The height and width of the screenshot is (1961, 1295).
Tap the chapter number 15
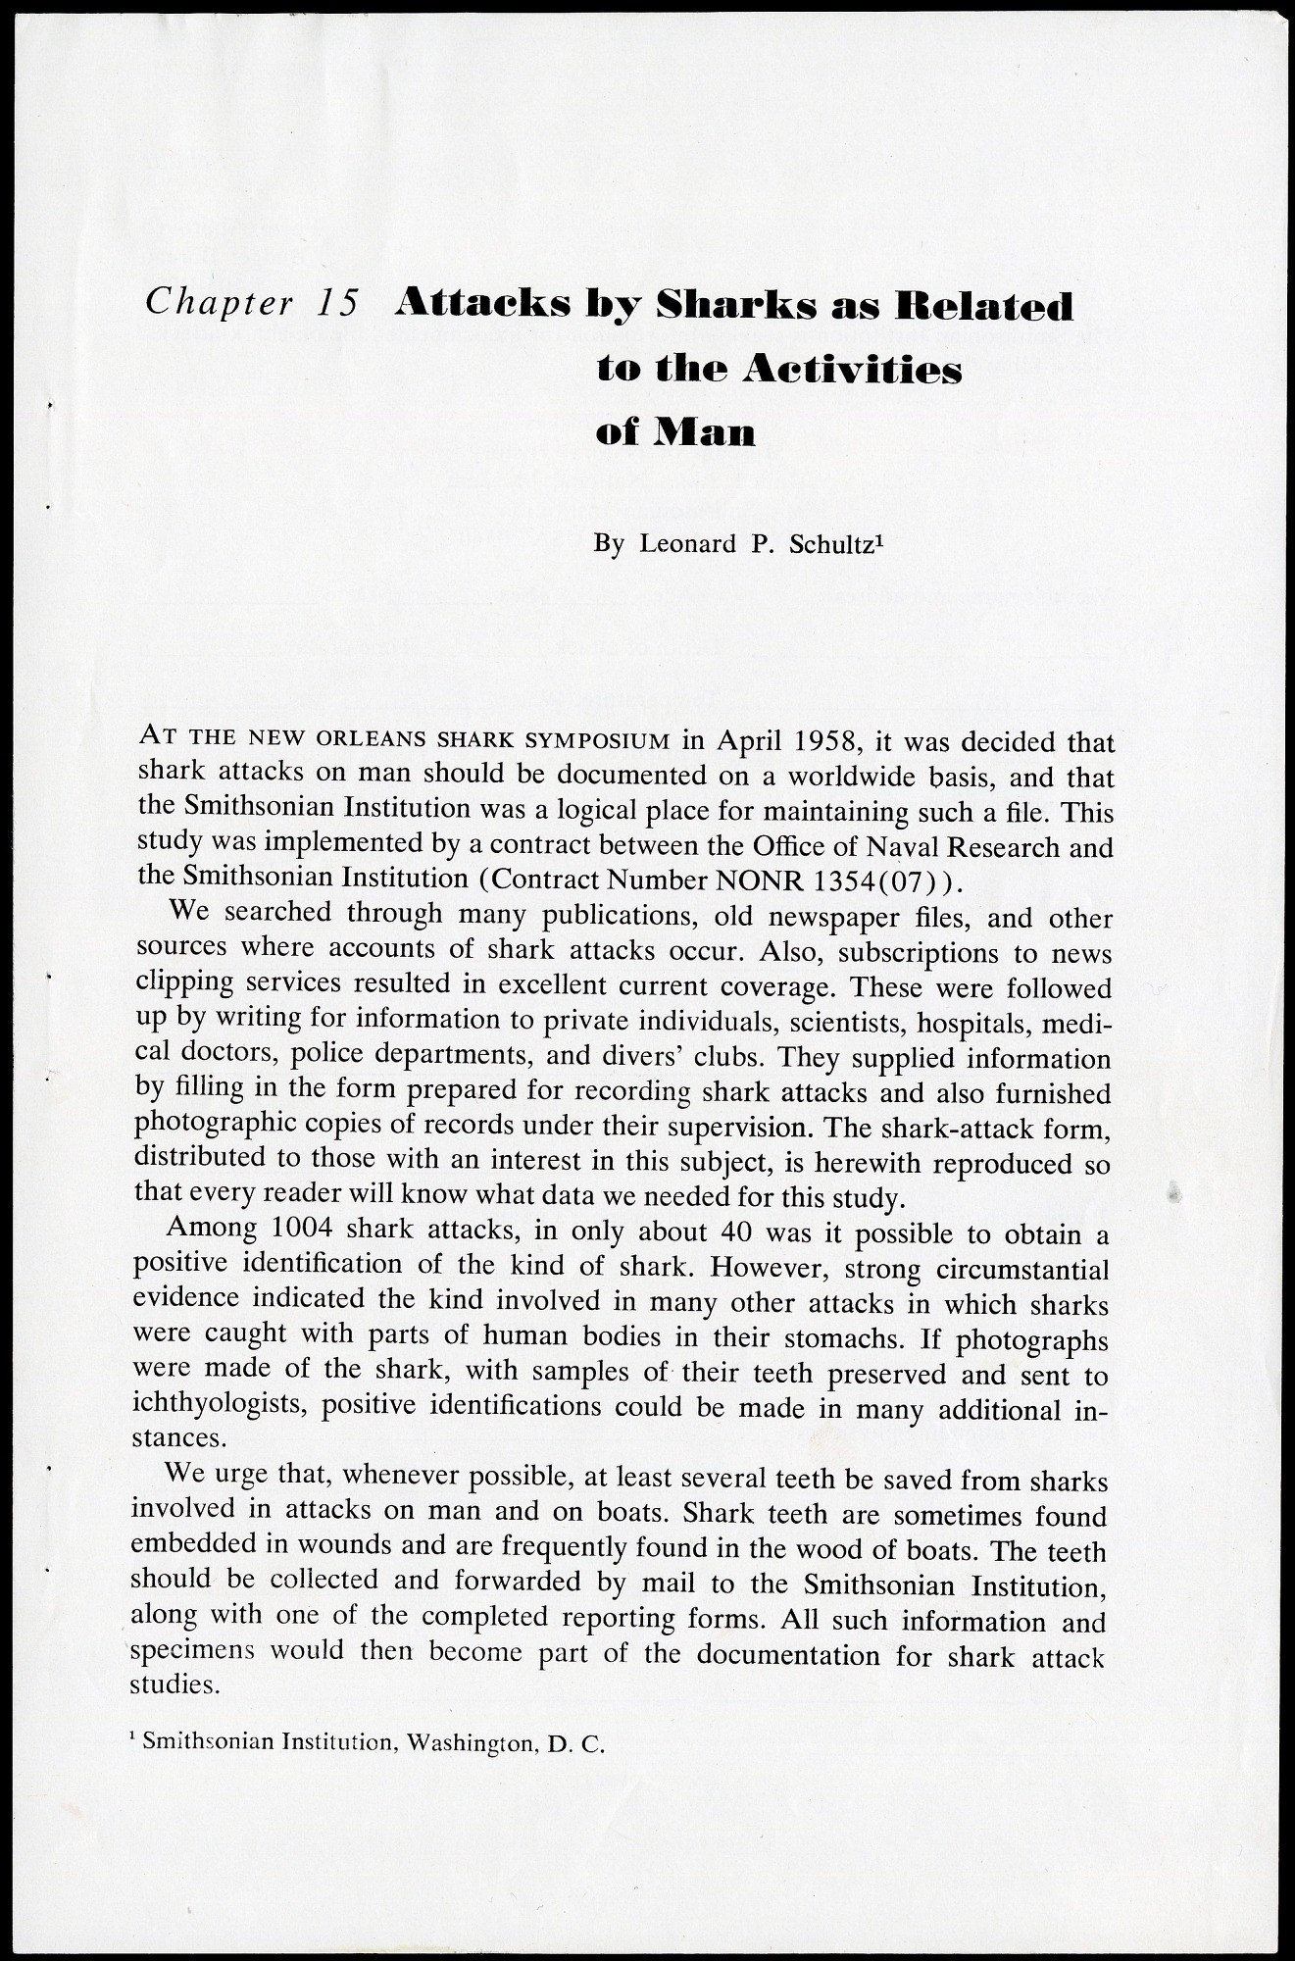[x=337, y=302]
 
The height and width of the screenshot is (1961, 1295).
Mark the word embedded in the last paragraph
[x=191, y=1547]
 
